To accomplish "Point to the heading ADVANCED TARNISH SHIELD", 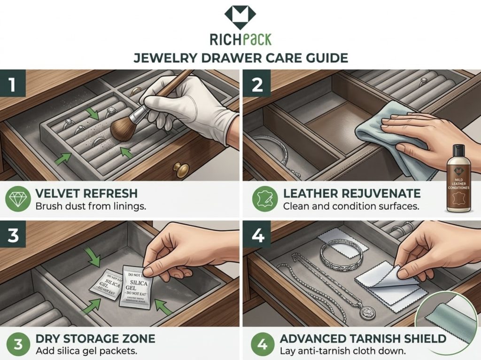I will point(363,339).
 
